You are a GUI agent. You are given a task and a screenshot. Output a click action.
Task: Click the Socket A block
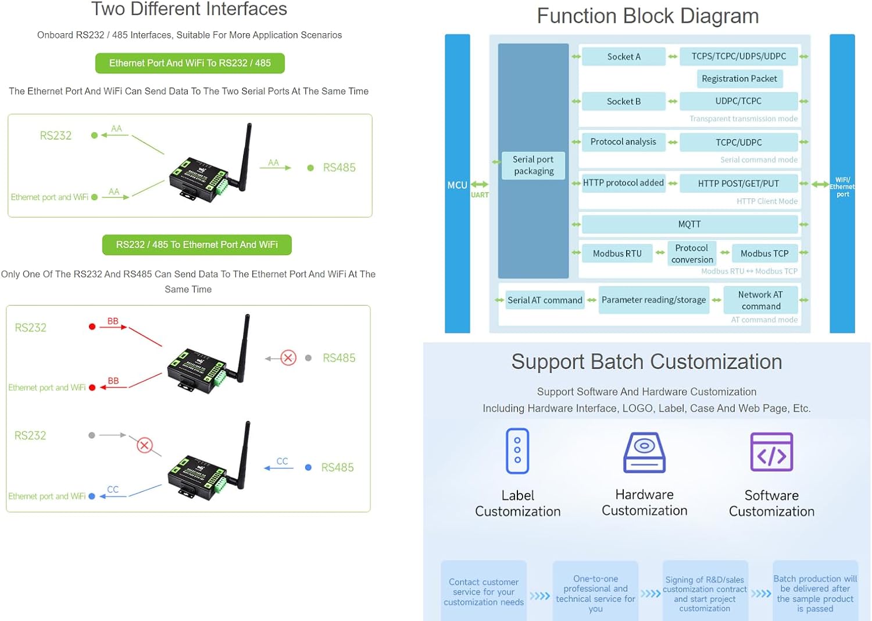624,56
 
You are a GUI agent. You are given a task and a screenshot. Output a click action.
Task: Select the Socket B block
624,101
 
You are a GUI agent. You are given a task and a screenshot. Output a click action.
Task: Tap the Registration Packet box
739,79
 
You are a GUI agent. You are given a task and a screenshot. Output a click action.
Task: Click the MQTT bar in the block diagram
689,224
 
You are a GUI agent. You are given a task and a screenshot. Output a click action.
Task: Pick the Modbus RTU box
617,253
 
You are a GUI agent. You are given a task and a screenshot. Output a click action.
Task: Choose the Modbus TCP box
764,253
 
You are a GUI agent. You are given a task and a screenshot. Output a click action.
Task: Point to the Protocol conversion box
692,254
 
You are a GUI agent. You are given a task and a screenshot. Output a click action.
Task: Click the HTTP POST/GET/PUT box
738,183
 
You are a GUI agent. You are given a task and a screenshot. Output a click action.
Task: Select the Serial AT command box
545,300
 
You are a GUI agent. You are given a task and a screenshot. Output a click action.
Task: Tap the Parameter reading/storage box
653,300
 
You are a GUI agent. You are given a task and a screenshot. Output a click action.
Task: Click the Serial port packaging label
533,165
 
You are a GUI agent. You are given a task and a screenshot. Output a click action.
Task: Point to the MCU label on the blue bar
457,185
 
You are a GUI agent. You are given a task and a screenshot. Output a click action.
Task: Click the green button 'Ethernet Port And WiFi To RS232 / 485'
190,63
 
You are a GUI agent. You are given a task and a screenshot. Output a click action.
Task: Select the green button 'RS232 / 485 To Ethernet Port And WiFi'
196,245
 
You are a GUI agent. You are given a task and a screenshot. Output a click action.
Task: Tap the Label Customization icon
517,451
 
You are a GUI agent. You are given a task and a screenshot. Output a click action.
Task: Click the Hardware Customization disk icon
644,452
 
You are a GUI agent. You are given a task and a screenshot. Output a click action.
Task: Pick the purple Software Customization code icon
771,452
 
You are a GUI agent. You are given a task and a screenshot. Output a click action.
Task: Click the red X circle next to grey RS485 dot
288,357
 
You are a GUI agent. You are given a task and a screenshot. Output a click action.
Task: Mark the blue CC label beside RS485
282,461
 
